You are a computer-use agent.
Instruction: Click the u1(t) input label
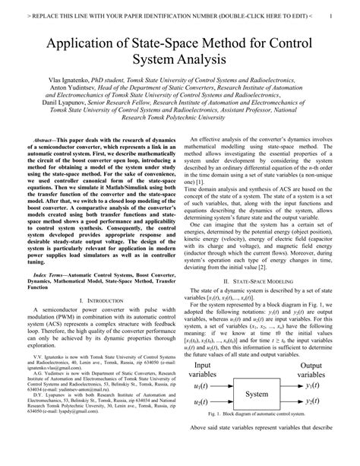point(203,407)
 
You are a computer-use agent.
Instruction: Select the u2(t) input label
point(203,423)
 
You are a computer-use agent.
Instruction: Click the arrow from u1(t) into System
point(228,407)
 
